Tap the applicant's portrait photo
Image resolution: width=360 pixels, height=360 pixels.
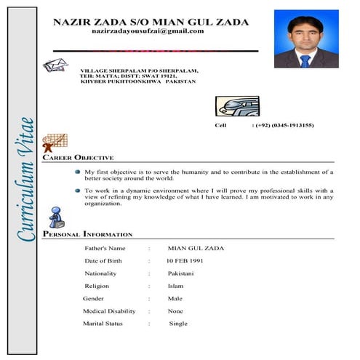tap(306, 41)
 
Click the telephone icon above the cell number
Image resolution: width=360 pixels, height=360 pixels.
tap(236, 105)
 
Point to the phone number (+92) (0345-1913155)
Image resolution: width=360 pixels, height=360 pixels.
tap(283, 125)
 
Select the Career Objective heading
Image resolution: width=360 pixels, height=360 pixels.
tap(78, 157)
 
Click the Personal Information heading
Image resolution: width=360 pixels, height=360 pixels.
tap(87, 235)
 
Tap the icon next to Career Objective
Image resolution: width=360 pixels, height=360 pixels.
tap(55, 143)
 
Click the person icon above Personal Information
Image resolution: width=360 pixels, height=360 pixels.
tap(55, 215)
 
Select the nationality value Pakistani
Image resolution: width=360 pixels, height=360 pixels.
tap(181, 273)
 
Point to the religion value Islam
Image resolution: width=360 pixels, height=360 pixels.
tap(175, 286)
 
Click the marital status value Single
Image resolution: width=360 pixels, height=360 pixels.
tap(178, 324)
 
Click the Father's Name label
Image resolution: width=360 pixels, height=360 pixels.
tap(110, 248)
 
